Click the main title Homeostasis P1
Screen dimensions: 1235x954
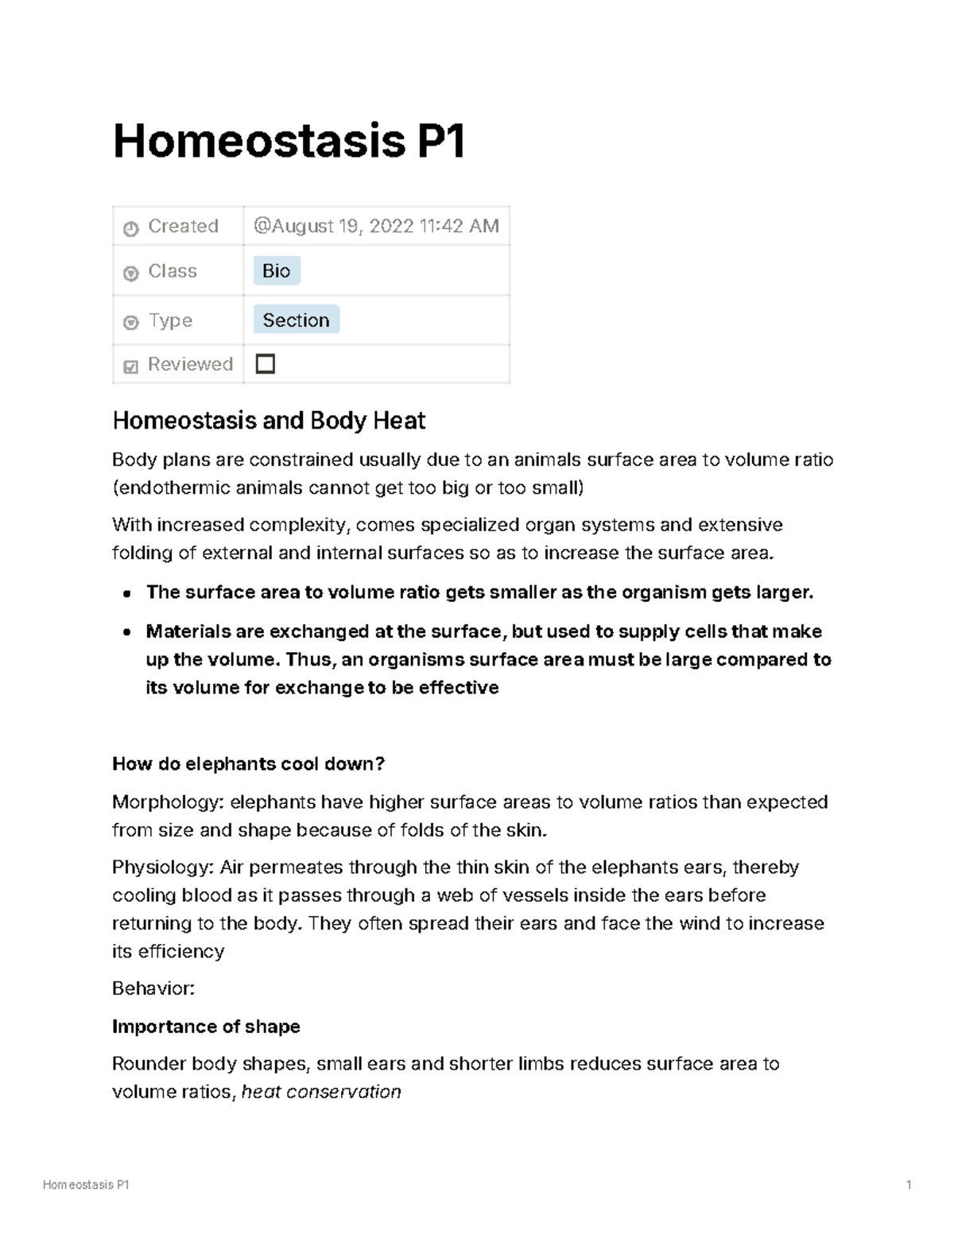pyautogui.click(x=289, y=141)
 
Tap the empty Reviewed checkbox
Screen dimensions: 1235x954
pyautogui.click(x=265, y=364)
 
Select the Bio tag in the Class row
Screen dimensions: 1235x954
pyautogui.click(x=276, y=271)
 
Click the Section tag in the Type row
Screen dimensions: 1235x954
pyautogui.click(x=296, y=320)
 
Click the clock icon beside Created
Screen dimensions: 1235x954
pyautogui.click(x=131, y=228)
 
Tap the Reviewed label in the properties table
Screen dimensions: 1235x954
pyautogui.click(x=190, y=364)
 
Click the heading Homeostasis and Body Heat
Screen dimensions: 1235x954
pyautogui.click(x=269, y=421)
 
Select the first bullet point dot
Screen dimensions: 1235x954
pyautogui.click(x=127, y=593)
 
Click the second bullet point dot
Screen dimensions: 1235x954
pyautogui.click(x=127, y=633)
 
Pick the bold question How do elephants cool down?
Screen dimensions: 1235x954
pyautogui.click(x=248, y=764)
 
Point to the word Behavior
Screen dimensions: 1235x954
pyautogui.click(x=152, y=988)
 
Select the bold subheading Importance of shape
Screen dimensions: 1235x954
pyautogui.click(x=206, y=1027)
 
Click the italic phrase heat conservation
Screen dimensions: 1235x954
pyautogui.click(x=321, y=1092)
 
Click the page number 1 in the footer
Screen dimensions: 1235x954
pyautogui.click(x=908, y=1185)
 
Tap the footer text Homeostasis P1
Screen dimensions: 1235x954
pyautogui.click(x=86, y=1185)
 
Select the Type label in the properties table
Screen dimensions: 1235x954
pyautogui.click(x=170, y=320)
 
